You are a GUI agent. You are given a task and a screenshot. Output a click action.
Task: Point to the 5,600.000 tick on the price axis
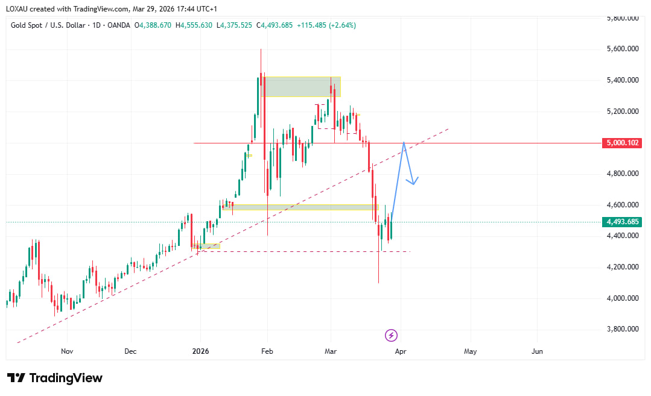coord(622,49)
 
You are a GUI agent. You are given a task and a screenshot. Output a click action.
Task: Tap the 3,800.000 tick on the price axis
coord(622,330)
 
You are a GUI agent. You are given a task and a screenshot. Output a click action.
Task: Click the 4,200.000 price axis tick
coord(622,267)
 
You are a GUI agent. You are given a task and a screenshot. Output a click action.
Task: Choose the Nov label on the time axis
coord(67,351)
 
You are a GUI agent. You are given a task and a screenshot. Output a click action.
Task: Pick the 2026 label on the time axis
coord(200,351)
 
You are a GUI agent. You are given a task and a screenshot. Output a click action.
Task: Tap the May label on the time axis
coord(470,351)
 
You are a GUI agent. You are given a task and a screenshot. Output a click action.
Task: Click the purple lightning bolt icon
coord(391,336)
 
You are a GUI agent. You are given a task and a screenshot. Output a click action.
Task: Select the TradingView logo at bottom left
coord(55,378)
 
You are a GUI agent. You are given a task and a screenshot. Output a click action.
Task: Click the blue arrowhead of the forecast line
coord(413,181)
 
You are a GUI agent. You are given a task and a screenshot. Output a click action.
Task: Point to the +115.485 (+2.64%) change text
coord(326,25)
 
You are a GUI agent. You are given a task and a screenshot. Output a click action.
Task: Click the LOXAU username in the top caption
coord(18,9)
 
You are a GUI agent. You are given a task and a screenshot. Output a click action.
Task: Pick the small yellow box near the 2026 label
coord(206,246)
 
